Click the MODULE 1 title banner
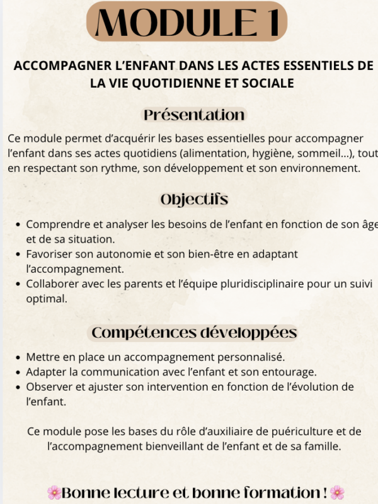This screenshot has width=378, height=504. click(186, 23)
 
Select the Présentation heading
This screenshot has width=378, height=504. click(194, 115)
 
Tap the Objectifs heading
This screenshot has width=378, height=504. click(194, 200)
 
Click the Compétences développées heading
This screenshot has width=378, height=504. click(194, 332)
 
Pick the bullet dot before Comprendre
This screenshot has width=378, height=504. click(17, 224)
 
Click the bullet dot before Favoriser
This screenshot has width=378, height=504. click(17, 254)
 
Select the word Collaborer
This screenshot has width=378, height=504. click(52, 283)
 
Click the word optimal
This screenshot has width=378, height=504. click(46, 298)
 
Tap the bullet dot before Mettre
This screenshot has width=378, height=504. click(17, 357)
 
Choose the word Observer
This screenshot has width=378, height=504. click(49, 386)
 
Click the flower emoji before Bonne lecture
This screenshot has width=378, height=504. click(54, 491)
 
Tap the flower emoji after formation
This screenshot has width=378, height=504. click(338, 491)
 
